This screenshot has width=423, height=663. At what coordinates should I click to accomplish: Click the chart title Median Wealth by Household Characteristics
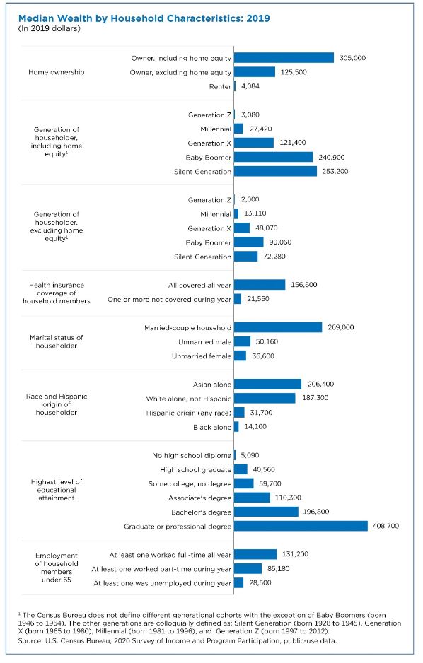tap(144, 18)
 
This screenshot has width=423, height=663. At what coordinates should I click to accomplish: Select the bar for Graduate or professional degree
tap(301, 526)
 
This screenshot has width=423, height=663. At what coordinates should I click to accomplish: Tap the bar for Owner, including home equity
tap(284, 58)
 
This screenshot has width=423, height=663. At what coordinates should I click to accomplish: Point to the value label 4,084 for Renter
tap(250, 86)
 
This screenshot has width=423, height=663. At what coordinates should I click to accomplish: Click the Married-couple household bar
tap(278, 327)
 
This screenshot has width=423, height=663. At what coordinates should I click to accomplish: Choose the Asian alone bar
tap(268, 384)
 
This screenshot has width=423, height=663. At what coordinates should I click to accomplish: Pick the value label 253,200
tap(335, 171)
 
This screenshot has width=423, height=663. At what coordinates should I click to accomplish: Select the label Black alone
tap(212, 427)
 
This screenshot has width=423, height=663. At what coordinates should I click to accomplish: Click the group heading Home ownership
tap(57, 72)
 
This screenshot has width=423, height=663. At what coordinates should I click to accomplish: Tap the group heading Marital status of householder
tap(57, 341)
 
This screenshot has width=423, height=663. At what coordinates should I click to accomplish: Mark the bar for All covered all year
tap(260, 285)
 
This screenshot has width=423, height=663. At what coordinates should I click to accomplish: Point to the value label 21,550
tap(258, 299)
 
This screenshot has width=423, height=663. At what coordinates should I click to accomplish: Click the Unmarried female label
tap(202, 356)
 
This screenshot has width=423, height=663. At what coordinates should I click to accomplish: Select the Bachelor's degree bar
tap(266, 512)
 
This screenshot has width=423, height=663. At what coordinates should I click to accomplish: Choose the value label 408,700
tap(386, 526)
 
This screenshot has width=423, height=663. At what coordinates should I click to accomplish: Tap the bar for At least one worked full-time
tap(255, 554)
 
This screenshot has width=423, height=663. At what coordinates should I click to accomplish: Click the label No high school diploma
tap(192, 455)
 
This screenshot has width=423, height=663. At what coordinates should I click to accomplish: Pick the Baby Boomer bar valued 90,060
tap(249, 242)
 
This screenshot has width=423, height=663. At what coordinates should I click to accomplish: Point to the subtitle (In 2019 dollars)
tap(49, 29)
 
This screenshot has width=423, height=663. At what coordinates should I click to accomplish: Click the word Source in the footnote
tap(28, 640)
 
